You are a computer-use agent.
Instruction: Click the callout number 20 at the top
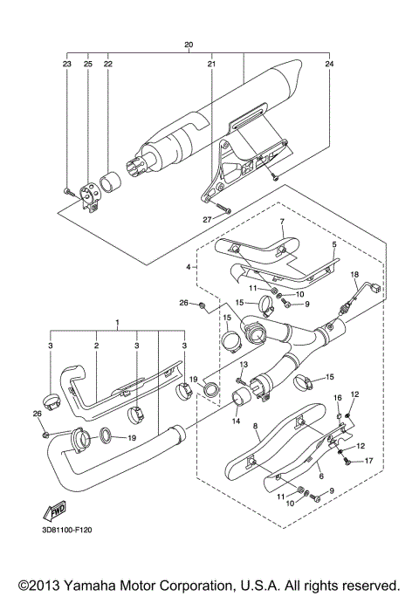189,44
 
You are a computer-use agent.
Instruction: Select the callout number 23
66,64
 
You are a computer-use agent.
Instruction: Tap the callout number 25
87,64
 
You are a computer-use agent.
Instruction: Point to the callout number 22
108,64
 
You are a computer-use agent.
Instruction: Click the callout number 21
211,64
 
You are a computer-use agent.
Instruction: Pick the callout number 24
329,64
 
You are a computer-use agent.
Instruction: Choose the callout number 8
255,427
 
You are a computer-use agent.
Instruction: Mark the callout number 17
368,461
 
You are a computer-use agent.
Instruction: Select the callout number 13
244,364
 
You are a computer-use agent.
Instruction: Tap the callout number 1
116,324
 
